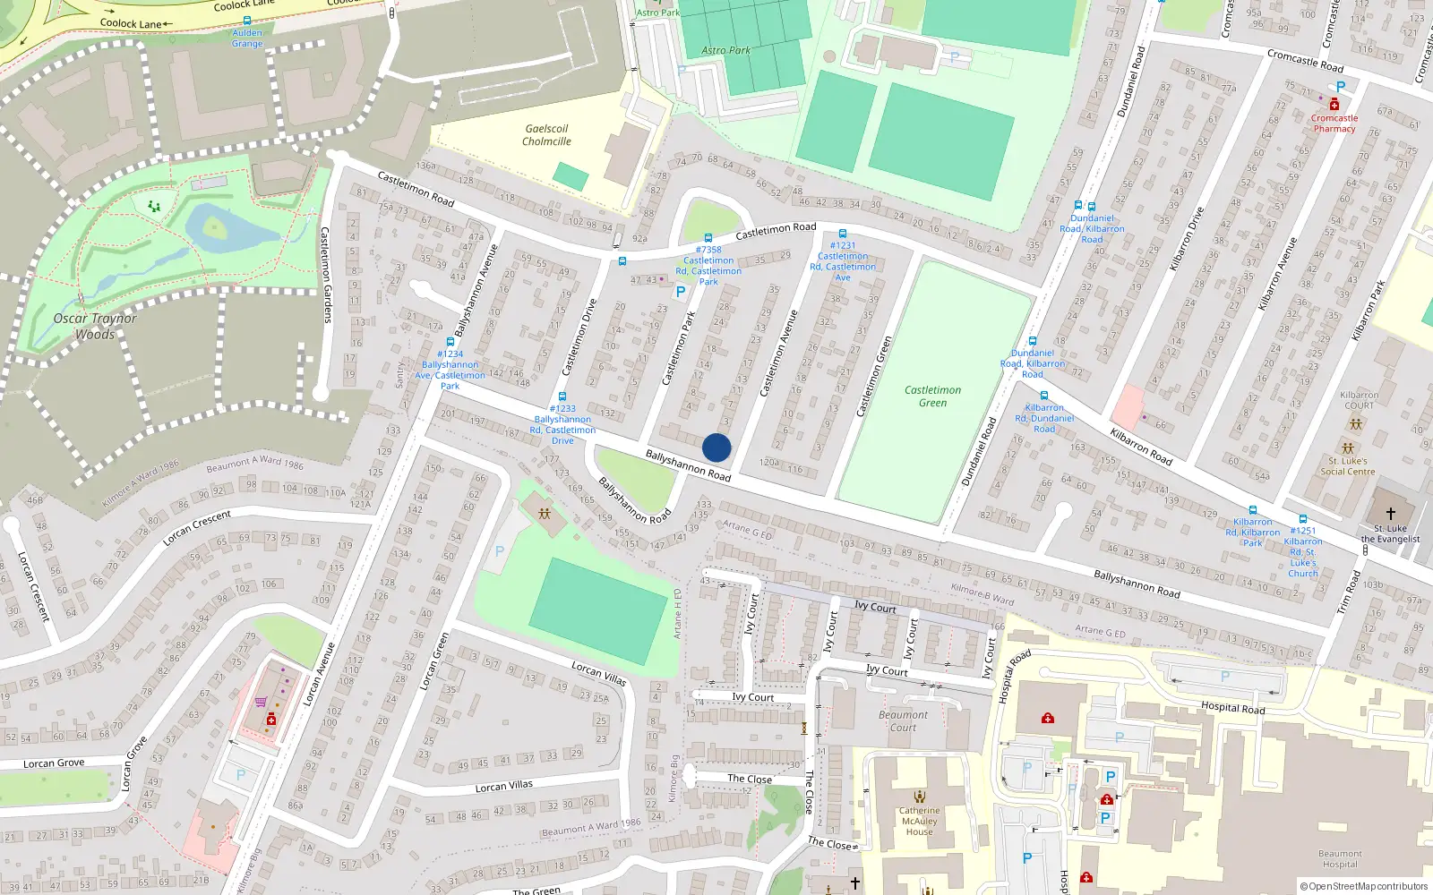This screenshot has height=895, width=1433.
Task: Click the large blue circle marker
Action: coord(716,447)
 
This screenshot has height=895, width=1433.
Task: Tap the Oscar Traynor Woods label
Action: coord(95,327)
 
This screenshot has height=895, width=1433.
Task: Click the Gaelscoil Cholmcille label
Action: coord(546,135)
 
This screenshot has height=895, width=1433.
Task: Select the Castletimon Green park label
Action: coord(932,396)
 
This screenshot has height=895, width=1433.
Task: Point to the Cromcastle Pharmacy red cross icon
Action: coord(1334,105)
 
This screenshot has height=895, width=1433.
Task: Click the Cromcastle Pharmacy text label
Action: coord(1334,124)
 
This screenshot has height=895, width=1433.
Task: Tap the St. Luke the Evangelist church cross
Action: coord(1390,514)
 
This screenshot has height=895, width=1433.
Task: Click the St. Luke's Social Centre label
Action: coord(1347,466)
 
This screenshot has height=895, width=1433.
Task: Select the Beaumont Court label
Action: coord(903,721)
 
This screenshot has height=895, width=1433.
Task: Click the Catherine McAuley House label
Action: coord(919,821)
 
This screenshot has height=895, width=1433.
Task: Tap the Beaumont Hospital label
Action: coord(1340,859)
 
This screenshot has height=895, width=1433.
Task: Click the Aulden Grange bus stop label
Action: coord(247,38)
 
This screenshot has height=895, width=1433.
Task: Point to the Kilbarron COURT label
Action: coord(1359,400)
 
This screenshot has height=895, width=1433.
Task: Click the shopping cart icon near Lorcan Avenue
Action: coord(261,703)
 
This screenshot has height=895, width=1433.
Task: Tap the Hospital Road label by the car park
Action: coord(1232,708)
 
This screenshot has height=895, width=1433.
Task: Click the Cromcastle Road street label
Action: coord(1305,61)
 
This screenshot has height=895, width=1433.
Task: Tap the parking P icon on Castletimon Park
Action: coord(681,292)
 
